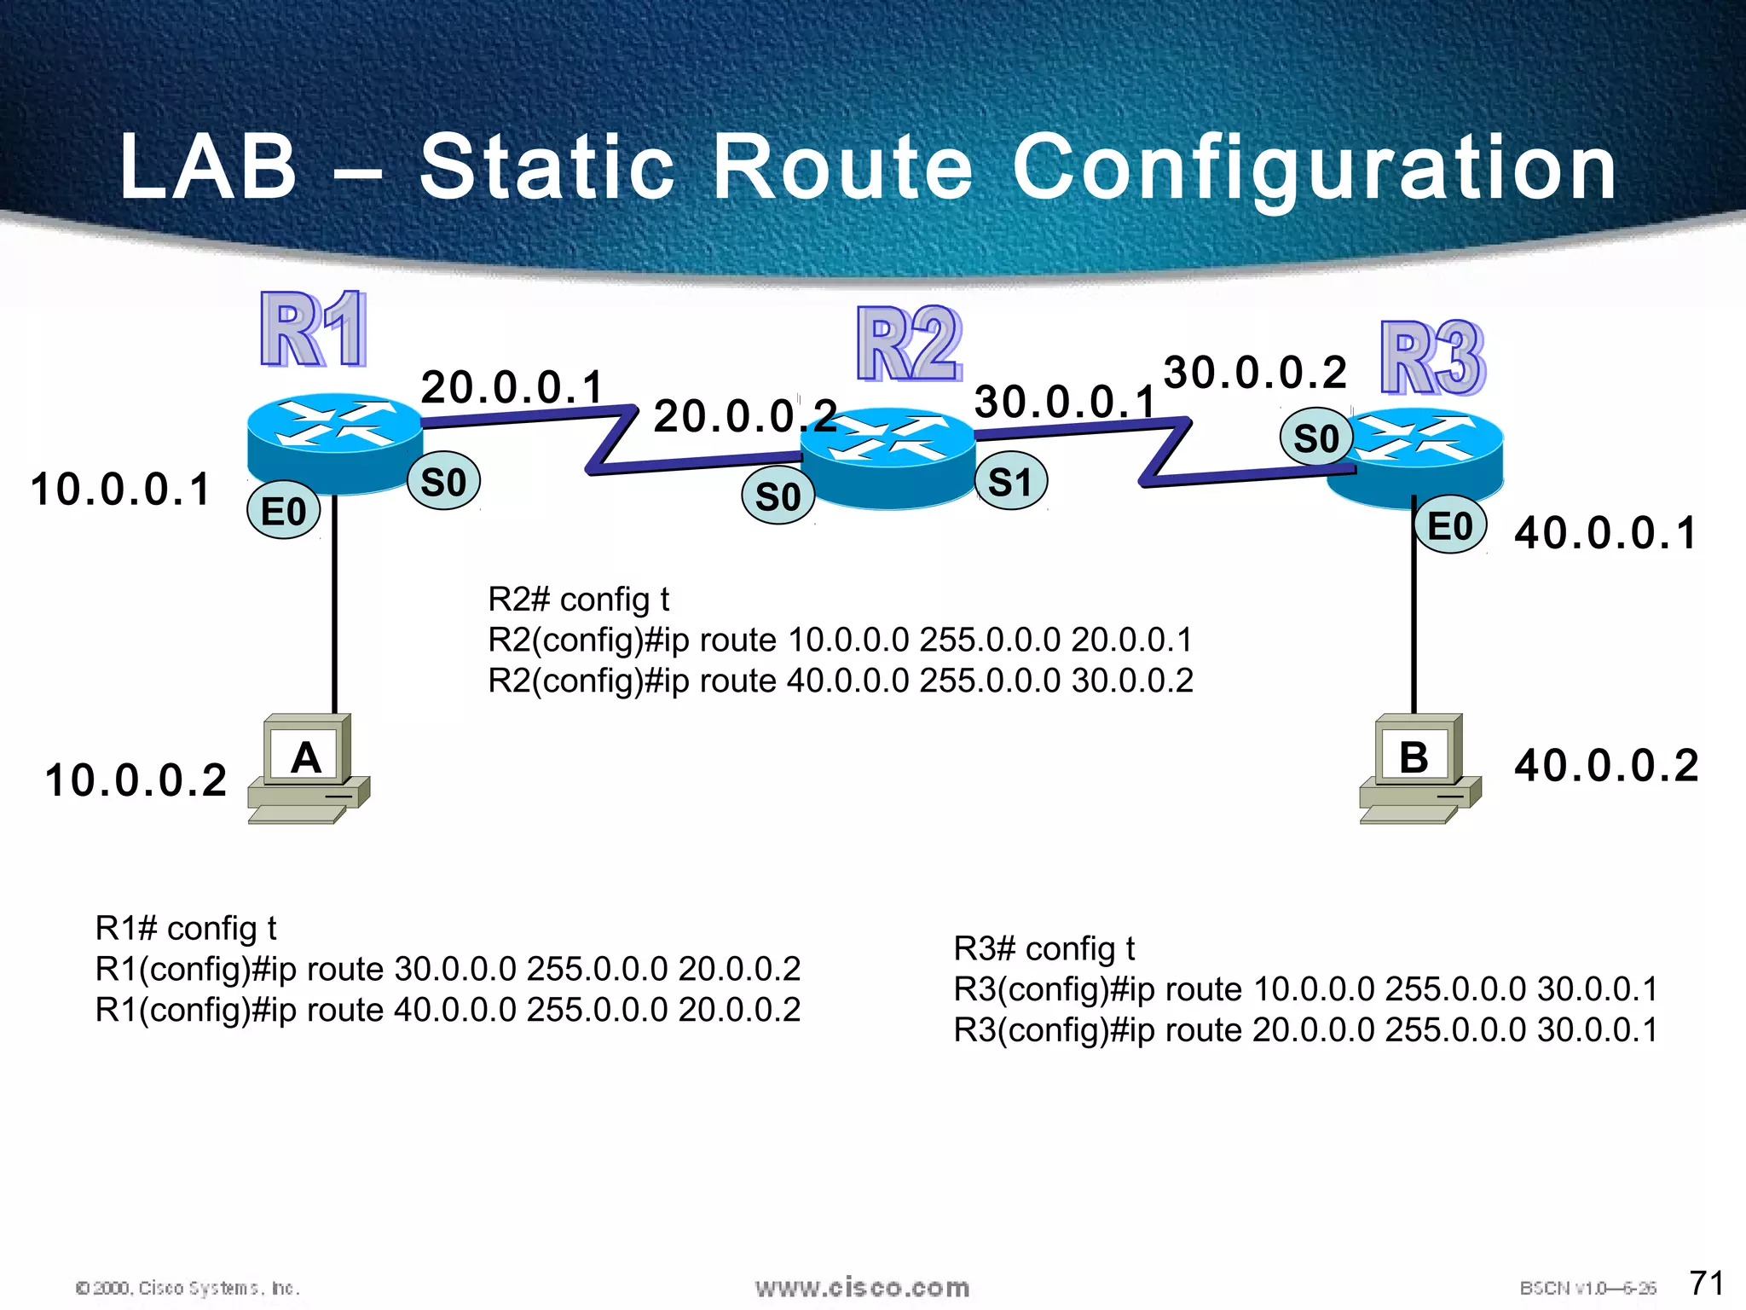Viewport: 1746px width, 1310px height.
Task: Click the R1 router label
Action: pyautogui.click(x=314, y=329)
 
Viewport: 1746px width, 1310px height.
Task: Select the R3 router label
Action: pyautogui.click(x=1432, y=358)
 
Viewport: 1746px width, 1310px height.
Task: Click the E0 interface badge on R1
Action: pyautogui.click(x=284, y=511)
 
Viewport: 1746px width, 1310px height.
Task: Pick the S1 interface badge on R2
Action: pyautogui.click(x=1010, y=482)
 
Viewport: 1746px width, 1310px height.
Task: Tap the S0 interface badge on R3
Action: pyautogui.click(x=1315, y=438)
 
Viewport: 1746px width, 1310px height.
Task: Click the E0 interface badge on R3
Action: pyautogui.click(x=1449, y=525)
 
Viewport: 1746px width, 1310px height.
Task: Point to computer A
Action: pyautogui.click(x=308, y=768)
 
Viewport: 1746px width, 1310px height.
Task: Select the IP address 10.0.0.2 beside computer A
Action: pyautogui.click(x=136, y=780)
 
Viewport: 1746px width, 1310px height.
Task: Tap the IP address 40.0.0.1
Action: pyautogui.click(x=1605, y=533)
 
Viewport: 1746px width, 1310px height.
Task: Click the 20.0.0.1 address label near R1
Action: pyautogui.click(x=512, y=387)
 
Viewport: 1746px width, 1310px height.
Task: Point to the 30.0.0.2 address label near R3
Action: pyautogui.click(x=1255, y=372)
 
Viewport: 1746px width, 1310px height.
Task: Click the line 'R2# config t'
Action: pyautogui.click(x=578, y=600)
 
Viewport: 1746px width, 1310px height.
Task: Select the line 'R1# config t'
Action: pyautogui.click(x=186, y=928)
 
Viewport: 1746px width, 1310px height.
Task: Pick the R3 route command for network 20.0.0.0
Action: pyautogui.click(x=1305, y=1030)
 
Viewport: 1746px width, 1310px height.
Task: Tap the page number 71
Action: pyautogui.click(x=1707, y=1282)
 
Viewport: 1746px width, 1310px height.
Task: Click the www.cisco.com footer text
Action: pyautogui.click(x=862, y=1287)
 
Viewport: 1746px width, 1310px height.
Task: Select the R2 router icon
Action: pyautogui.click(x=888, y=458)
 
